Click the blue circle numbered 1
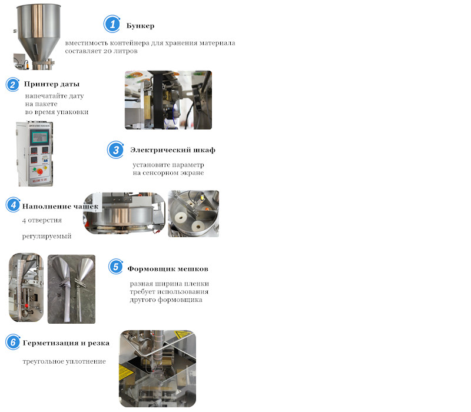112,24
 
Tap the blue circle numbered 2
12,85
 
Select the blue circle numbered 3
115,150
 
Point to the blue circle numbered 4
13,205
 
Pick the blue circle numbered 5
115,267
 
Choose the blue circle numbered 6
13,342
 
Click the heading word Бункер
140,26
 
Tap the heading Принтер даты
52,84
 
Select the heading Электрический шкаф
173,150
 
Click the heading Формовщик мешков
168,269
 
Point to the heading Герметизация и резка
66,343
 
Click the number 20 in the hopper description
107,51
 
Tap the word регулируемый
47,237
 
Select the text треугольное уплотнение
64,361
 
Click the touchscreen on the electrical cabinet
39,138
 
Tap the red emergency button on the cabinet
40,172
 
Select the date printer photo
168,100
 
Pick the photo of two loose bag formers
71,289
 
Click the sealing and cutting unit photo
157,369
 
